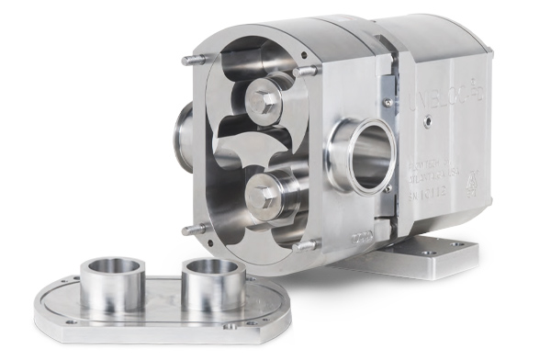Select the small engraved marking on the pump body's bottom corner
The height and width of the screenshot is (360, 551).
point(331,236)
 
